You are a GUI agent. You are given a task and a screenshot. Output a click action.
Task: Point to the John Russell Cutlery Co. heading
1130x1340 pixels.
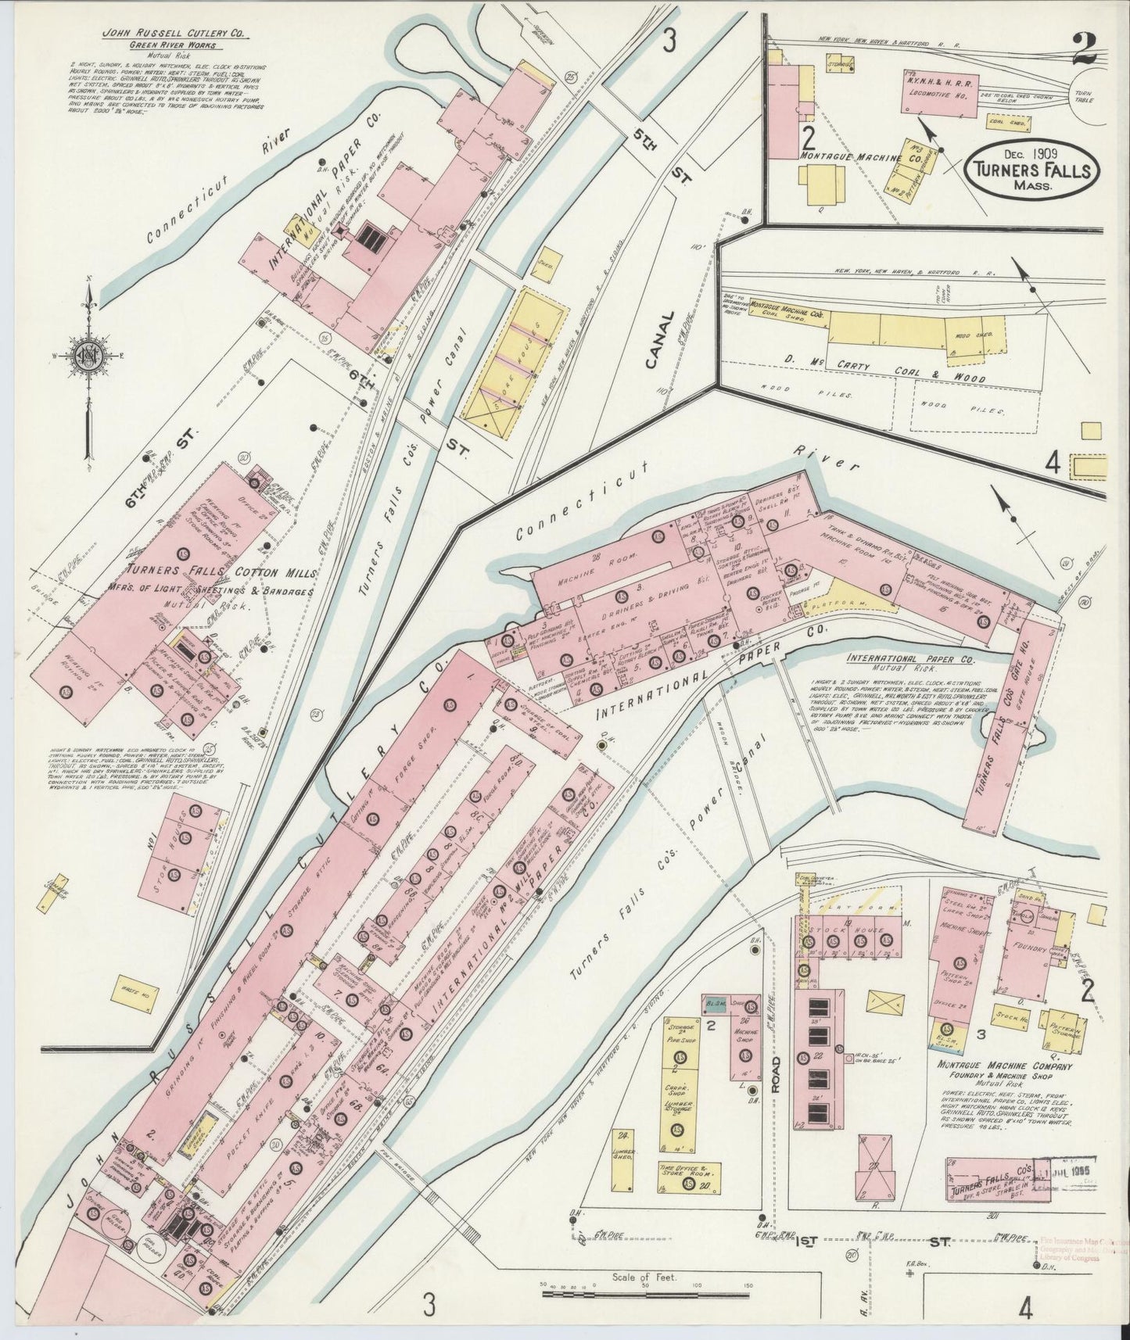(x=163, y=35)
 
